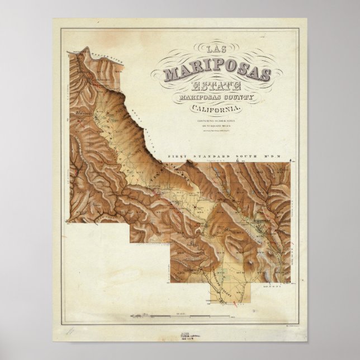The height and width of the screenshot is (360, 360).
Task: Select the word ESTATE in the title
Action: [216, 86]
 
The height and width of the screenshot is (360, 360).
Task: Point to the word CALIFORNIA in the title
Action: [216, 108]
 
